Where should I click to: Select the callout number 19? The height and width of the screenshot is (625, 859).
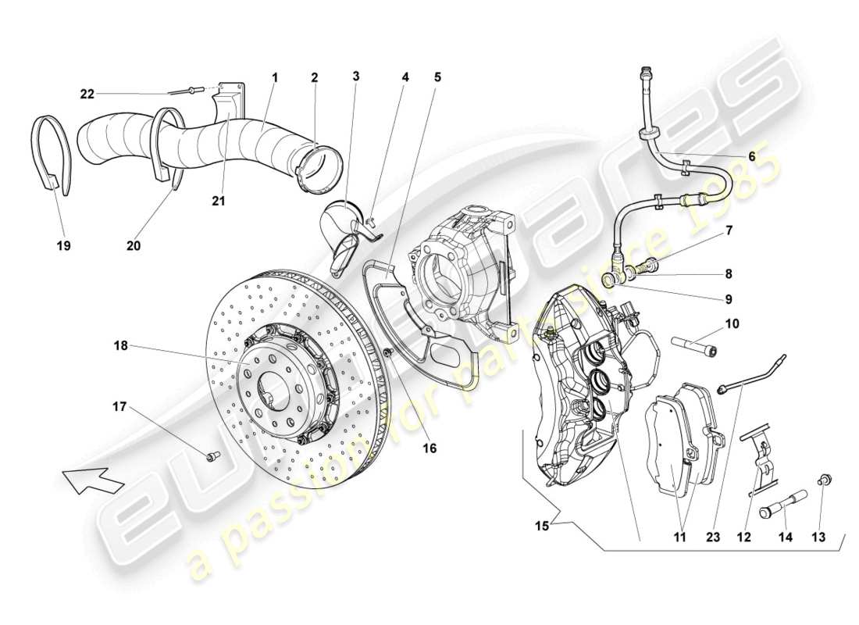click(x=63, y=245)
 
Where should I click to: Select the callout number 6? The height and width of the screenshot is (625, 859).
click(x=751, y=156)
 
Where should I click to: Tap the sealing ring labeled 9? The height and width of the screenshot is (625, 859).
click(x=609, y=278)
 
